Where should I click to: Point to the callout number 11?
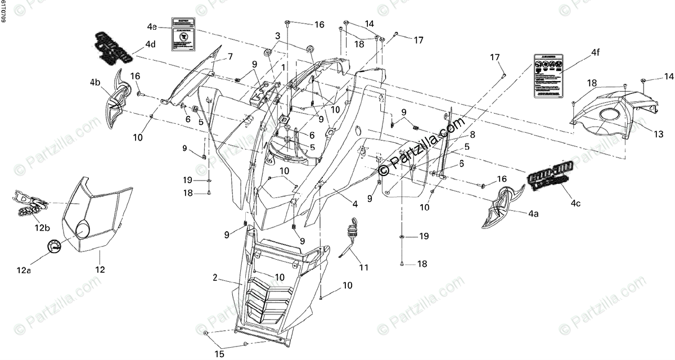(364, 268)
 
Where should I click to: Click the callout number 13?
(659, 134)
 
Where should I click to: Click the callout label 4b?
(95, 82)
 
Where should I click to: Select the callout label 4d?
(150, 44)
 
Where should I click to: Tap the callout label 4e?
(152, 26)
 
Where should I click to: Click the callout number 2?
(215, 278)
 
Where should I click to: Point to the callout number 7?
(229, 57)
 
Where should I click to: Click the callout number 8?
(472, 134)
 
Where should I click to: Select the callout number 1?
(283, 66)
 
